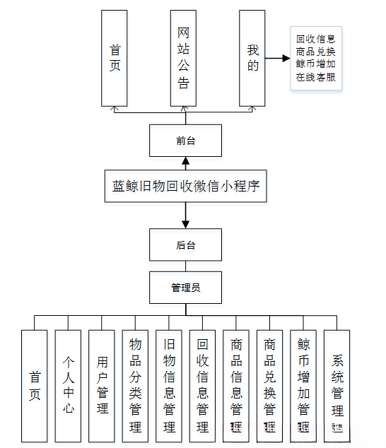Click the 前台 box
coord(185,140)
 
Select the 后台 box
coord(185,245)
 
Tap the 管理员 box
coord(185,288)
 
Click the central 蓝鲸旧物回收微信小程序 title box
coord(185,187)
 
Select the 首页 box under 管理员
coord(35,386)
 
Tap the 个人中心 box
coord(69,386)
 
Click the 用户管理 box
coord(102,386)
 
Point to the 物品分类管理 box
coord(136,386)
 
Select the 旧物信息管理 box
coord(169,386)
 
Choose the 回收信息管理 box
coord(203,386)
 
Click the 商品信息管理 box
coord(236,386)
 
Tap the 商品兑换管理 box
coord(269,386)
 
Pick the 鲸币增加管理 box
coord(303,386)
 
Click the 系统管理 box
coord(337,386)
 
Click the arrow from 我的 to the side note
coord(279,59)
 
